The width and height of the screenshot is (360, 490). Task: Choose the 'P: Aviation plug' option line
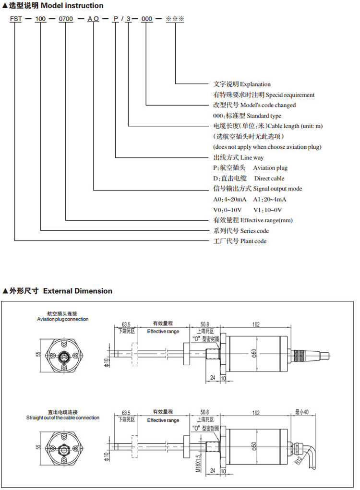click(250, 168)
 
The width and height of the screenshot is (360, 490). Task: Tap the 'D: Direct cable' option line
click(249, 179)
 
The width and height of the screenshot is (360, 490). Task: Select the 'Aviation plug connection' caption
click(62, 319)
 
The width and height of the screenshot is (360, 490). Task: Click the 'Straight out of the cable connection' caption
click(63, 418)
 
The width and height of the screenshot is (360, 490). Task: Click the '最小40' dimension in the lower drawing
click(302, 412)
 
